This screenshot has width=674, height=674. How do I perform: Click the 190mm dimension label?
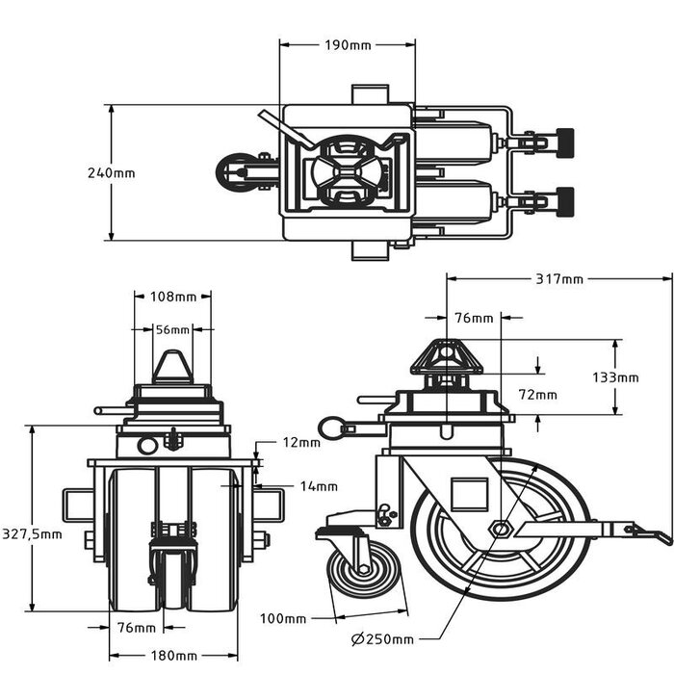pyautogui.click(x=348, y=45)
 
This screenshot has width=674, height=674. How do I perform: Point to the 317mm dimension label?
pyautogui.click(x=559, y=280)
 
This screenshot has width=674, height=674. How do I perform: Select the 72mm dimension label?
pyautogui.click(x=537, y=395)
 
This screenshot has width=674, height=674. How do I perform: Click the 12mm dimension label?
pyautogui.click(x=302, y=443)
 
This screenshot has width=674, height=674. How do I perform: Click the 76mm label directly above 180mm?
pyautogui.click(x=137, y=628)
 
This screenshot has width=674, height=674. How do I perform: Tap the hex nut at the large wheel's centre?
pyautogui.click(x=500, y=528)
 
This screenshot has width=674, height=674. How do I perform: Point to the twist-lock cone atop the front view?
pyautogui.click(x=172, y=367)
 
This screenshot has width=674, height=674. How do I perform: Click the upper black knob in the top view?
pyautogui.click(x=563, y=143)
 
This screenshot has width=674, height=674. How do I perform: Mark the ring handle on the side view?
pyautogui.click(x=333, y=427)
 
